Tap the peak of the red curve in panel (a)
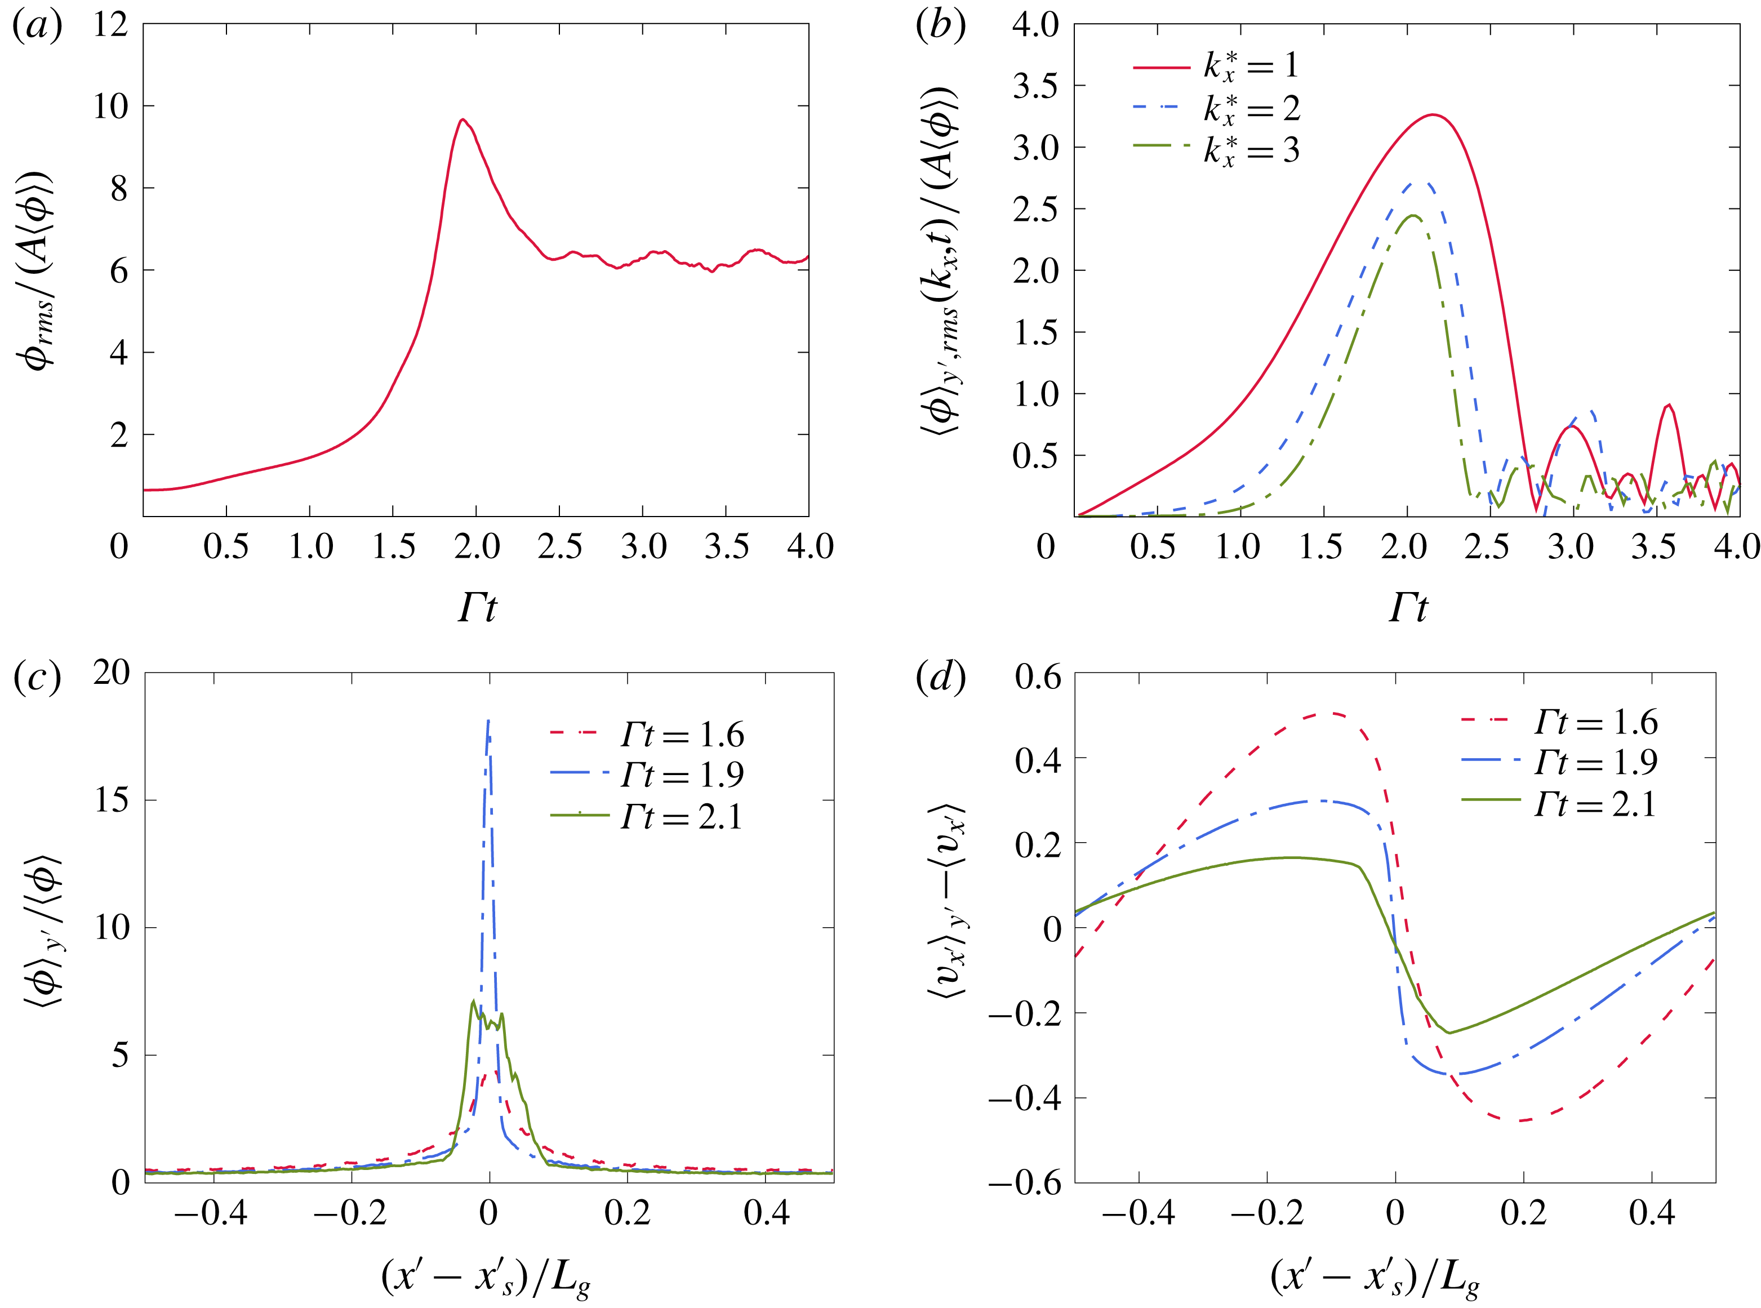point(463,119)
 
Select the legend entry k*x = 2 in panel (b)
point(1251,109)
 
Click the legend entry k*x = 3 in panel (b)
point(1251,150)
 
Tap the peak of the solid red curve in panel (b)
point(1431,115)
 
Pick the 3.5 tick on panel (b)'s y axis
point(1035,86)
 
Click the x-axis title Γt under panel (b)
point(1408,608)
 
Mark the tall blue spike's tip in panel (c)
point(488,720)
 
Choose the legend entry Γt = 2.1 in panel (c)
point(681,816)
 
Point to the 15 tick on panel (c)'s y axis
point(112,800)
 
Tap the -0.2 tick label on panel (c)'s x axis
point(351,1213)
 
